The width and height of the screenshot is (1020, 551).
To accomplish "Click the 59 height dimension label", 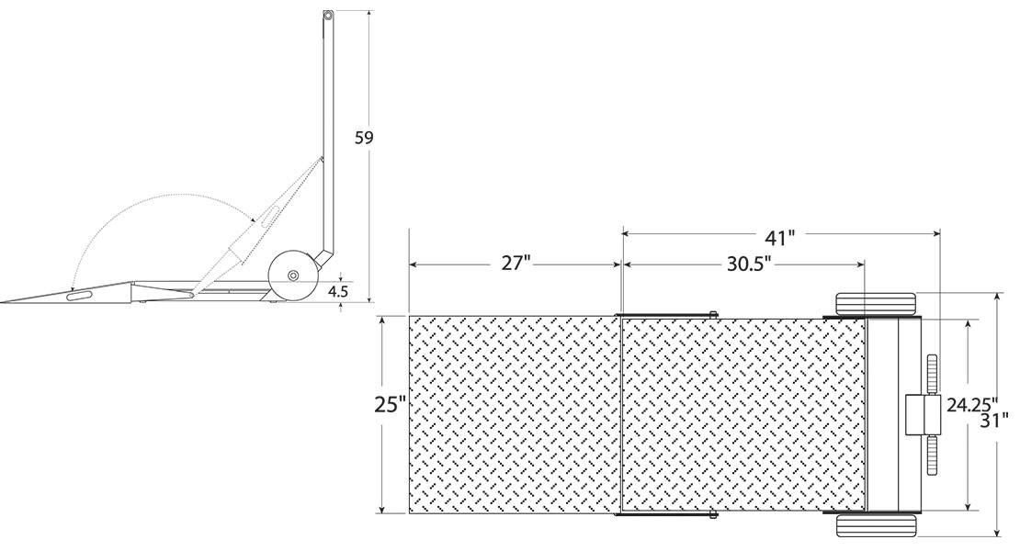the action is pyautogui.click(x=364, y=137).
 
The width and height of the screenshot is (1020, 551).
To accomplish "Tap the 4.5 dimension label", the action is pyautogui.click(x=338, y=291).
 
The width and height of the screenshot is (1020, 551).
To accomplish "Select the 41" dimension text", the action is pyautogui.click(x=779, y=238).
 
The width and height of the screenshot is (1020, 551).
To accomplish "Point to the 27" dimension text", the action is pyautogui.click(x=516, y=264).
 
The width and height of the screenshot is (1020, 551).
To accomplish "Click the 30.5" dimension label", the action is pyautogui.click(x=749, y=264).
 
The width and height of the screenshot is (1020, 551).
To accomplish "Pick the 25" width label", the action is pyautogui.click(x=391, y=404).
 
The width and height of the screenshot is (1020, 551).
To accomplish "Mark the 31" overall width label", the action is pyautogui.click(x=994, y=420).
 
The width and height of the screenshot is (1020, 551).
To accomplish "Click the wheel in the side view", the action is pyautogui.click(x=292, y=276).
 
